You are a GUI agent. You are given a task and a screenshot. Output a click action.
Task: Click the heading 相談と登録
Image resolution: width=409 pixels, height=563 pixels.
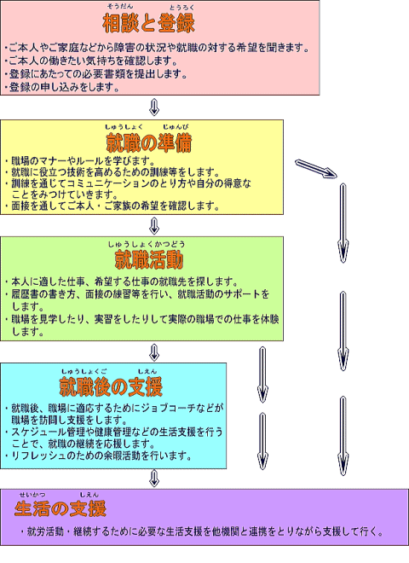coord(148,23)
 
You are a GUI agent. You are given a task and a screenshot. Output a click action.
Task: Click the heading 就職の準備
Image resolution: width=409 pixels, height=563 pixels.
coord(149,142)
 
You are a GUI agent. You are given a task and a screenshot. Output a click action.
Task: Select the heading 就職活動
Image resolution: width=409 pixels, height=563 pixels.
coord(149,259)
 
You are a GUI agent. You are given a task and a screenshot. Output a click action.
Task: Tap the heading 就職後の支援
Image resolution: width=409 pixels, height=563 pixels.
coord(111,386)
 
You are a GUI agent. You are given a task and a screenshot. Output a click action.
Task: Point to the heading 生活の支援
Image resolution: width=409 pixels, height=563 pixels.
coord(60,508)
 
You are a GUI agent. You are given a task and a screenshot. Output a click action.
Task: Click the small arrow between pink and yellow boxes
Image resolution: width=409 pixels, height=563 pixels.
coord(154,107)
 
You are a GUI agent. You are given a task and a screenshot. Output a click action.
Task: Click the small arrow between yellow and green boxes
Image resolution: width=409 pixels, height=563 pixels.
coord(154,225)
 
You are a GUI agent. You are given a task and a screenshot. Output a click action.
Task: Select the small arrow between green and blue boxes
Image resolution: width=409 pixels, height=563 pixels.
coord(154,352)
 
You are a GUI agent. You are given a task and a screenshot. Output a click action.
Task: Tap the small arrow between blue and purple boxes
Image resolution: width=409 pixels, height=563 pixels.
coord(154,479)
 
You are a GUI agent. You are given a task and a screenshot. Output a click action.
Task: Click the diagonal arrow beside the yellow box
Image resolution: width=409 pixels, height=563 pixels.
coord(316,169)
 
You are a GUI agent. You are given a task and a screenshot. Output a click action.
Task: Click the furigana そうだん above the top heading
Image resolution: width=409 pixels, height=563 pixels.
coord(120,6)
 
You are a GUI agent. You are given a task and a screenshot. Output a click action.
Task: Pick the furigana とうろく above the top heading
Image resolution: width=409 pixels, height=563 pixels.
coord(181,7)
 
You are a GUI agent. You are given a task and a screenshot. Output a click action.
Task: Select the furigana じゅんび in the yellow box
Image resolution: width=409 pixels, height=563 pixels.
coord(176,127)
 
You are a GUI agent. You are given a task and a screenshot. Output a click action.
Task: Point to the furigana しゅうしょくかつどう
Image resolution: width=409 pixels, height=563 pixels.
coord(147,244)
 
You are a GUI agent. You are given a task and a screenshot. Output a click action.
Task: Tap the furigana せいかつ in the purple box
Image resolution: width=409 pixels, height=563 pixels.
coord(32,495)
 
